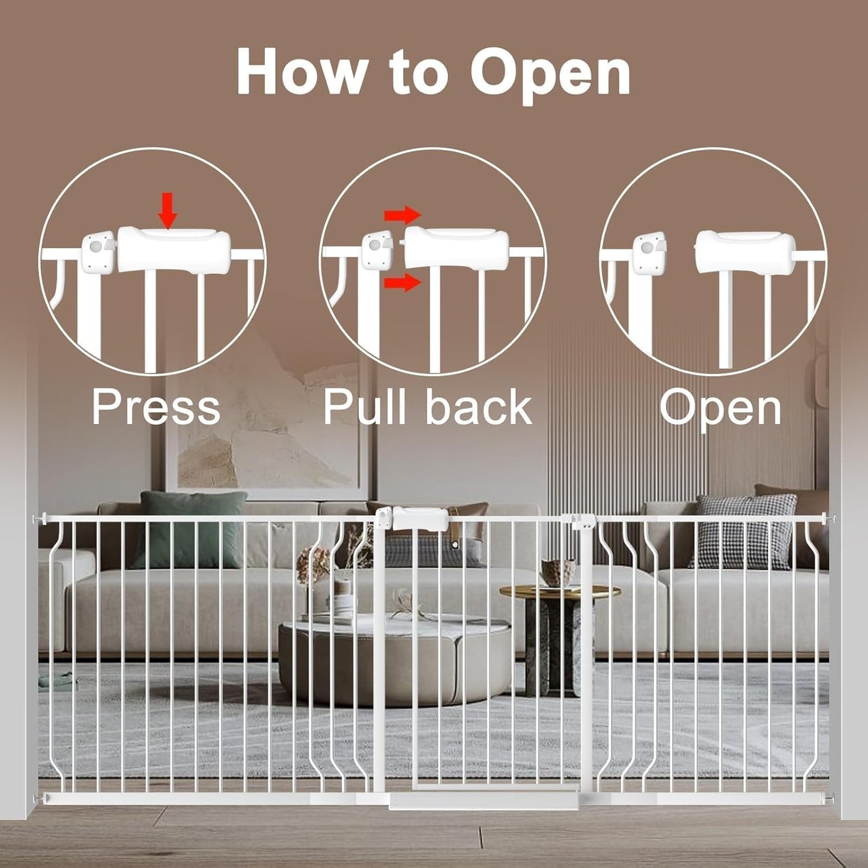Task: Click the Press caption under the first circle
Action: click(x=156, y=407)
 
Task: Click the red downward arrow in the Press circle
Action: click(x=168, y=212)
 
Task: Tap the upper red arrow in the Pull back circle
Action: click(x=402, y=214)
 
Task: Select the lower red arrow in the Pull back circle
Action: click(x=402, y=281)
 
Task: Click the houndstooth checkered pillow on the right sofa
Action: click(x=745, y=532)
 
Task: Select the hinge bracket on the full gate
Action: click(x=583, y=522)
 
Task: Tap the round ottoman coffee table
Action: click(x=394, y=661)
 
